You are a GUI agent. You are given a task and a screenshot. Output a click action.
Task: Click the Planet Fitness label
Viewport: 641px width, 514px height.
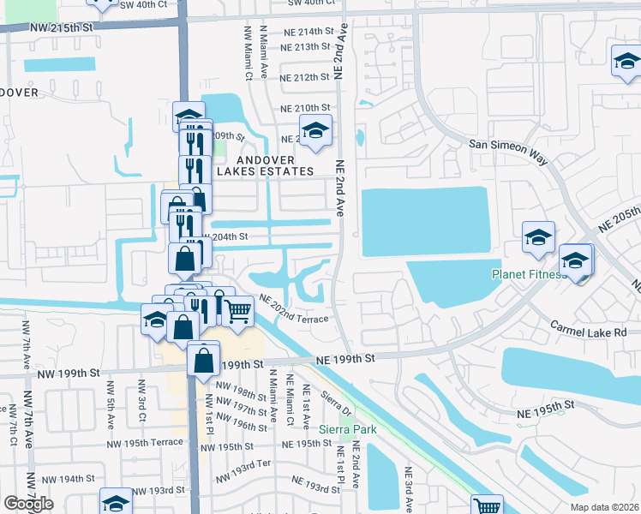coord(529,274)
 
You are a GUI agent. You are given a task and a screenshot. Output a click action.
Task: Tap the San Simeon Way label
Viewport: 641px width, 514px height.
coord(507,146)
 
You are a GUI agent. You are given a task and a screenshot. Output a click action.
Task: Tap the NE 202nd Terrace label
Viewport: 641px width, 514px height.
coord(295,308)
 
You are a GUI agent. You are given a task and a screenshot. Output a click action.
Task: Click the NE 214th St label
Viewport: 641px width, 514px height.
coord(305,31)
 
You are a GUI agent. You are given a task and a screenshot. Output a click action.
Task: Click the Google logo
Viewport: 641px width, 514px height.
coord(29,504)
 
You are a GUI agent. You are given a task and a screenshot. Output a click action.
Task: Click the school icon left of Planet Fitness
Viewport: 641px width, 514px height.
coord(538,237)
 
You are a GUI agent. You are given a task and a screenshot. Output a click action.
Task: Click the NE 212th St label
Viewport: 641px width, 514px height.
coord(305,77)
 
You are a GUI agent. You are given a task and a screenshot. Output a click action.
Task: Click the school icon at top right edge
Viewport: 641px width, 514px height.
coord(625,62)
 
